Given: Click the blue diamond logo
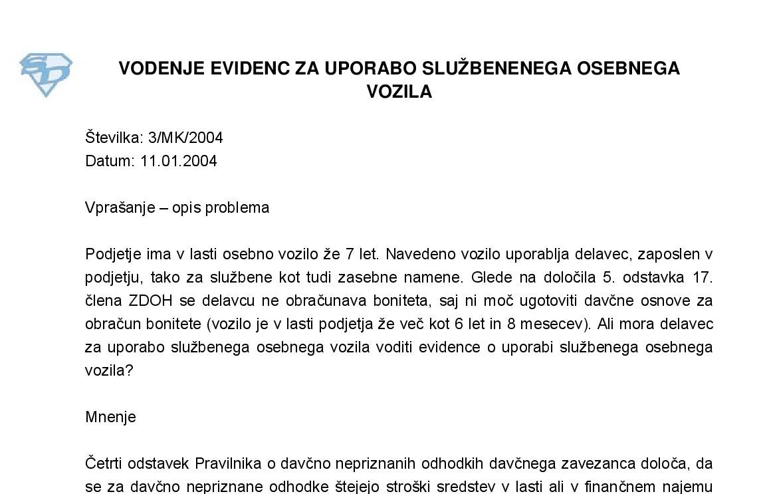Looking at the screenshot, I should click(x=46, y=74).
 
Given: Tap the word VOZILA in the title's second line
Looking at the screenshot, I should click(x=399, y=92).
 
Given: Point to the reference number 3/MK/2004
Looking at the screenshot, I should click(x=185, y=138).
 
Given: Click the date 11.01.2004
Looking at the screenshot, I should click(x=178, y=161).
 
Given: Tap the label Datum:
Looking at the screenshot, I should click(x=110, y=161).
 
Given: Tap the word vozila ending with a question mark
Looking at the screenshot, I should click(x=109, y=370).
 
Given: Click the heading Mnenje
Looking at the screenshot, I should click(x=110, y=417).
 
